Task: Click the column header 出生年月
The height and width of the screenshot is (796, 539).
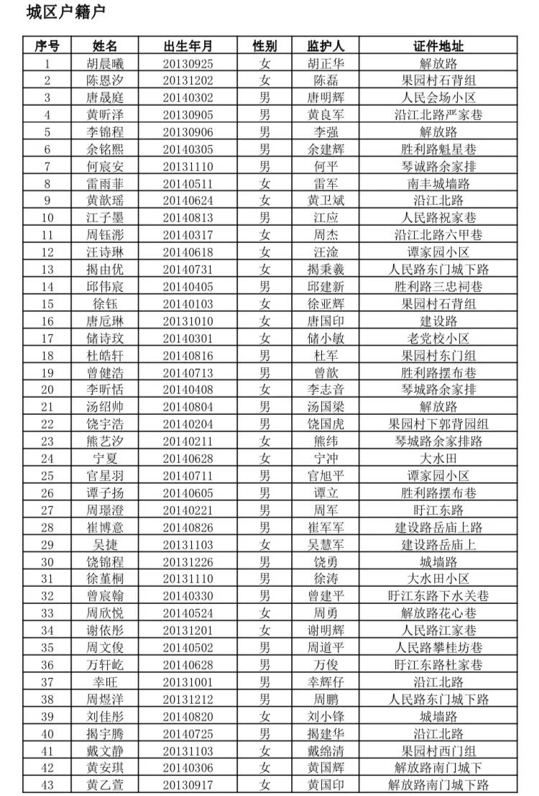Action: (x=188, y=46)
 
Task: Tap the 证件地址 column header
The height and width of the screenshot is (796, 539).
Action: (x=438, y=46)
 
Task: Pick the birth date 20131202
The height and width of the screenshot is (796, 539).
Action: (x=188, y=81)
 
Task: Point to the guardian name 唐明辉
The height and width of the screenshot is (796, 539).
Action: (x=326, y=98)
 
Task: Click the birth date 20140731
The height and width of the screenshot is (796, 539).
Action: (x=188, y=269)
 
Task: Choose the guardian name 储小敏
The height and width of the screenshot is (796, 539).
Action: (x=326, y=338)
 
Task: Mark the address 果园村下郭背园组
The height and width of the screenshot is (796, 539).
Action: (x=438, y=424)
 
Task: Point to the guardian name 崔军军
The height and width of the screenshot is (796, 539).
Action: (x=326, y=527)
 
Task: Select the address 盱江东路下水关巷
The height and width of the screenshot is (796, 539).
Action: (x=438, y=595)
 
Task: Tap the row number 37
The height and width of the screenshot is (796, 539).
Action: (x=47, y=682)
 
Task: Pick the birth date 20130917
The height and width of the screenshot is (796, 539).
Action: (x=188, y=784)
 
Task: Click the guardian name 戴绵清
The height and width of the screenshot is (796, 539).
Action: (x=326, y=750)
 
